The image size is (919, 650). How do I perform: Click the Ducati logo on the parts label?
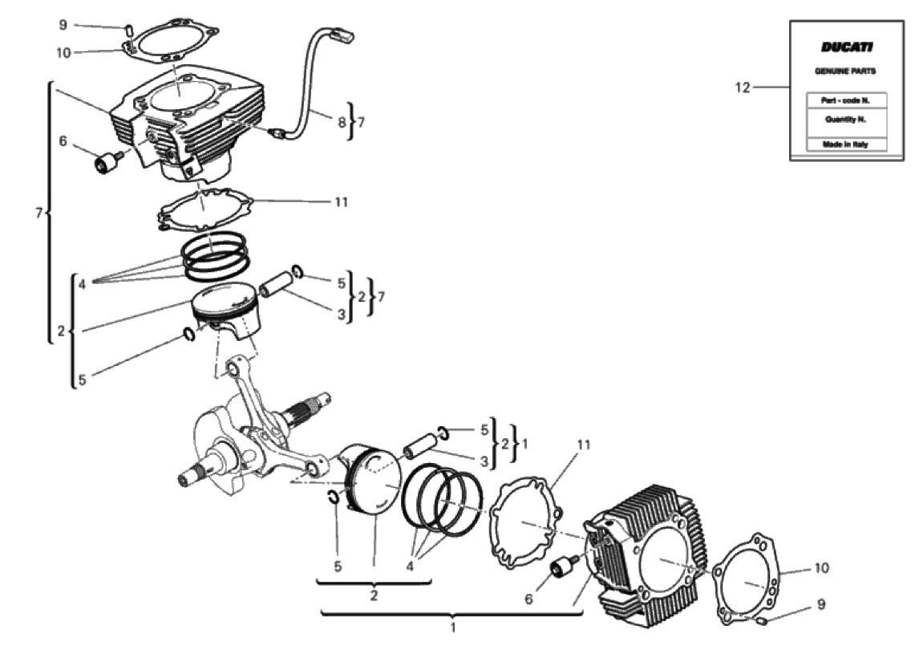(x=846, y=47)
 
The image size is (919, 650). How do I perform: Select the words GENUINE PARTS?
(x=845, y=71)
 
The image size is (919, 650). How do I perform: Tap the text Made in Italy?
(x=845, y=144)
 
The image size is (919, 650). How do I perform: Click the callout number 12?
(x=743, y=87)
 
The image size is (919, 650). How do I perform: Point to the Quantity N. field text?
(x=845, y=120)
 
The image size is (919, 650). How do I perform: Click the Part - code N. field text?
(x=845, y=100)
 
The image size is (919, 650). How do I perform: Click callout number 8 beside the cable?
(x=342, y=122)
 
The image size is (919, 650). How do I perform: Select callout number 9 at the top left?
(x=63, y=25)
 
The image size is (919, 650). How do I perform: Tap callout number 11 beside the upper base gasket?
(x=341, y=202)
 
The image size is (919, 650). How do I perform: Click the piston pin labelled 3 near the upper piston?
(x=276, y=282)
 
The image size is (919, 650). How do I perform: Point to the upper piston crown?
(x=225, y=299)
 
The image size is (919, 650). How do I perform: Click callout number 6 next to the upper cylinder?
(x=63, y=141)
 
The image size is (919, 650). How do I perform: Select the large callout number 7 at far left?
(x=38, y=213)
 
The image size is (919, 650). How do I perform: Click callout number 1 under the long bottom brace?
(x=452, y=628)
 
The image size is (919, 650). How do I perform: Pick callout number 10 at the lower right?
(x=821, y=568)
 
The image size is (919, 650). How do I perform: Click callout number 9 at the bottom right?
(x=820, y=604)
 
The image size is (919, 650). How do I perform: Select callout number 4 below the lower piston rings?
(x=410, y=567)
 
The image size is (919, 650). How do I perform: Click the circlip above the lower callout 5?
(x=332, y=496)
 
